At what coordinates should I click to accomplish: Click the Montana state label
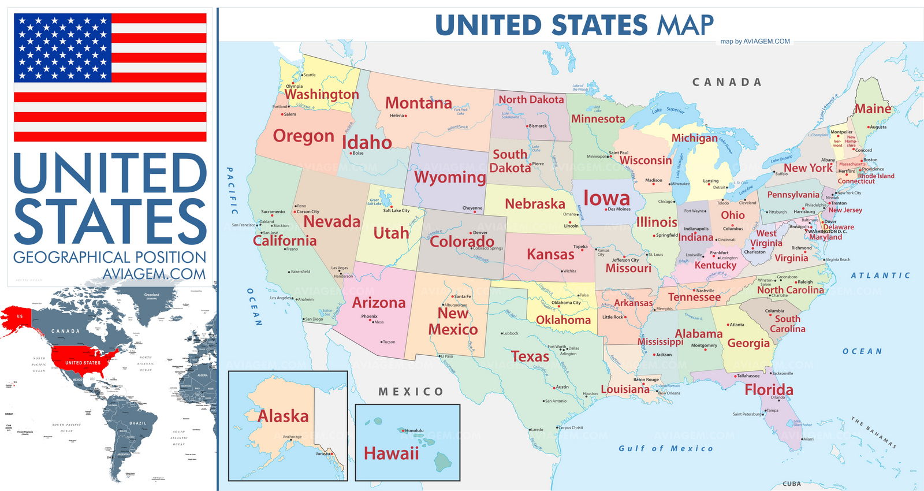[418, 103]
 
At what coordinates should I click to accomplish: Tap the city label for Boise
[358, 153]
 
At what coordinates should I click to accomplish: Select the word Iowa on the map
[606, 198]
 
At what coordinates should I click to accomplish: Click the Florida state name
[769, 390]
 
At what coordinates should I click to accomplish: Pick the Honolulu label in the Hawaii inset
[414, 430]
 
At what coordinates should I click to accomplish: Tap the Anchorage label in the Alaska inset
[292, 437]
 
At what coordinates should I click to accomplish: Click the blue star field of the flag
[62, 47]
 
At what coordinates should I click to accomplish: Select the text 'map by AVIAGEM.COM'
[755, 42]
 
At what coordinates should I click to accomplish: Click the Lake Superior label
[668, 110]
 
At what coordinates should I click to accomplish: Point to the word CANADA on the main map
[726, 83]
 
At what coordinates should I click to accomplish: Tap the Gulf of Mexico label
[665, 448]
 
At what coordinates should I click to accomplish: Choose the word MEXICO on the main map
[411, 392]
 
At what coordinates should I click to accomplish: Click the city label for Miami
[808, 439]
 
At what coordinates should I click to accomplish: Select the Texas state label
[530, 356]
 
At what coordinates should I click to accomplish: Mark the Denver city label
[480, 233]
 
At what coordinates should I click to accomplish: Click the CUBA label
[791, 484]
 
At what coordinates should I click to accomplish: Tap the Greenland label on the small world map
[152, 295]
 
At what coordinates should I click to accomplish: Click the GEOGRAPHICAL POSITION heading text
[110, 257]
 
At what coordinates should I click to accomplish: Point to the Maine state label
[873, 109]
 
